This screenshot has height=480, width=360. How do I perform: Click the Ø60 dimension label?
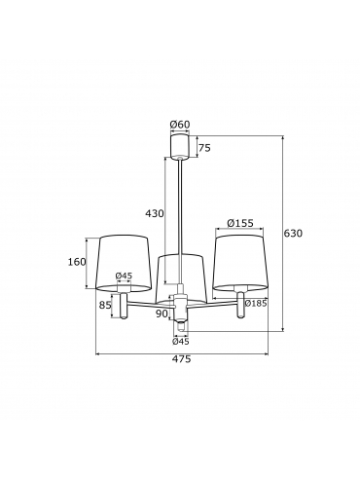[x=180, y=125]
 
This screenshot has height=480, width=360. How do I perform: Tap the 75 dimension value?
[x=204, y=148]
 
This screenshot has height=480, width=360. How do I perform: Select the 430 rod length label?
[x=155, y=213]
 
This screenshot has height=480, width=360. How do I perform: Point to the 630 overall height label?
[x=293, y=233]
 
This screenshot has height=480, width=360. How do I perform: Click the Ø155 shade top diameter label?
[x=240, y=223]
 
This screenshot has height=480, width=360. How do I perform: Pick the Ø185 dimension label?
[x=256, y=303]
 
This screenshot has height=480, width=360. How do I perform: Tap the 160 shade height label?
[x=77, y=262]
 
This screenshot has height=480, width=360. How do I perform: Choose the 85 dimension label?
[x=105, y=305]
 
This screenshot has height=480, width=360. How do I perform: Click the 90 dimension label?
[x=162, y=314]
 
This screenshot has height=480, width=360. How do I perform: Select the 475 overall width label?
[x=182, y=359]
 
